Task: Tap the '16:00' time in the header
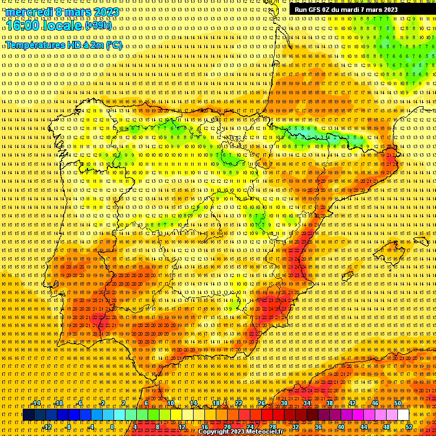click(21, 26)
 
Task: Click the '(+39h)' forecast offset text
click(98, 26)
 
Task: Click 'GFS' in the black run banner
click(315, 10)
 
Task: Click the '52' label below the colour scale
click(409, 427)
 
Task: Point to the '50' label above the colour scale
click(397, 403)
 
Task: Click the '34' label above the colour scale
click(307, 403)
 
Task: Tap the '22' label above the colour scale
click(238, 403)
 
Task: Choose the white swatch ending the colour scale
click(403, 415)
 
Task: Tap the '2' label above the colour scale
click(124, 403)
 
